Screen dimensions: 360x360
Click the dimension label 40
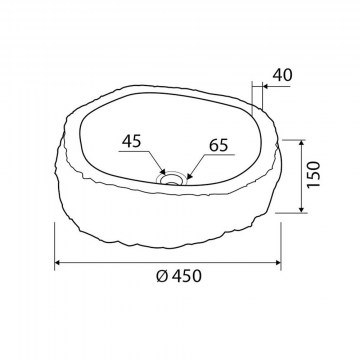coord(282,75)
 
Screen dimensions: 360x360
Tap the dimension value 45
coord(131,142)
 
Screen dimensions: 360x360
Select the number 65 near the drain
coord(219,145)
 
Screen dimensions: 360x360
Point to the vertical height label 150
coord(314,174)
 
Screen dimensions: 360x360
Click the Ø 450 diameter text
coord(179,276)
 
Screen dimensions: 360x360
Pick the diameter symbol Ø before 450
coord(162,276)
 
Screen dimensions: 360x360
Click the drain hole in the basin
coord(172,180)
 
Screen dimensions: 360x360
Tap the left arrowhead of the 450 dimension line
coord(57,263)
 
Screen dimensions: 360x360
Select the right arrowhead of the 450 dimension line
coord(278,263)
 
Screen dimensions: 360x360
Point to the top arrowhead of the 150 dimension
coord(302,143)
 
